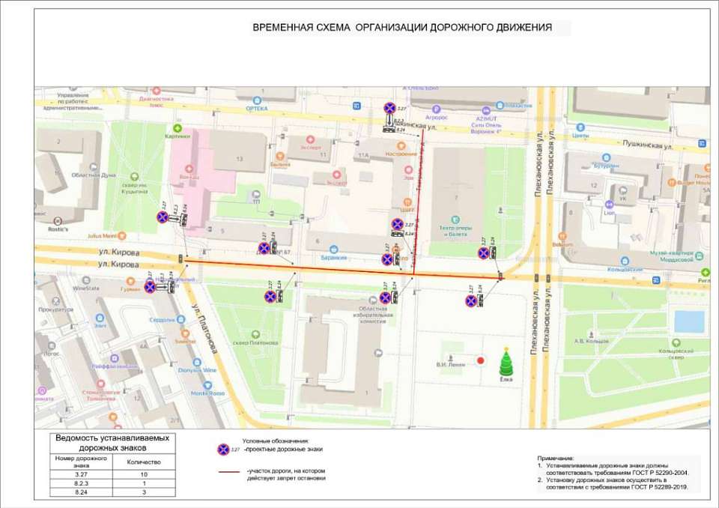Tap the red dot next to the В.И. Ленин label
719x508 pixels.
pos(482,360)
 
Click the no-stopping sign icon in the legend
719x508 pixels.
pos(222,450)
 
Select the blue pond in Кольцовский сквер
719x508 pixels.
pos(688,321)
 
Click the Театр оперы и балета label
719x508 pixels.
pos(452,231)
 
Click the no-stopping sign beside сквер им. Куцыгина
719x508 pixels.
pos(163,217)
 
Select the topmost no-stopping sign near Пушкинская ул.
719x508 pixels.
pos(389,108)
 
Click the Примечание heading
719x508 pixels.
pos(555,457)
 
